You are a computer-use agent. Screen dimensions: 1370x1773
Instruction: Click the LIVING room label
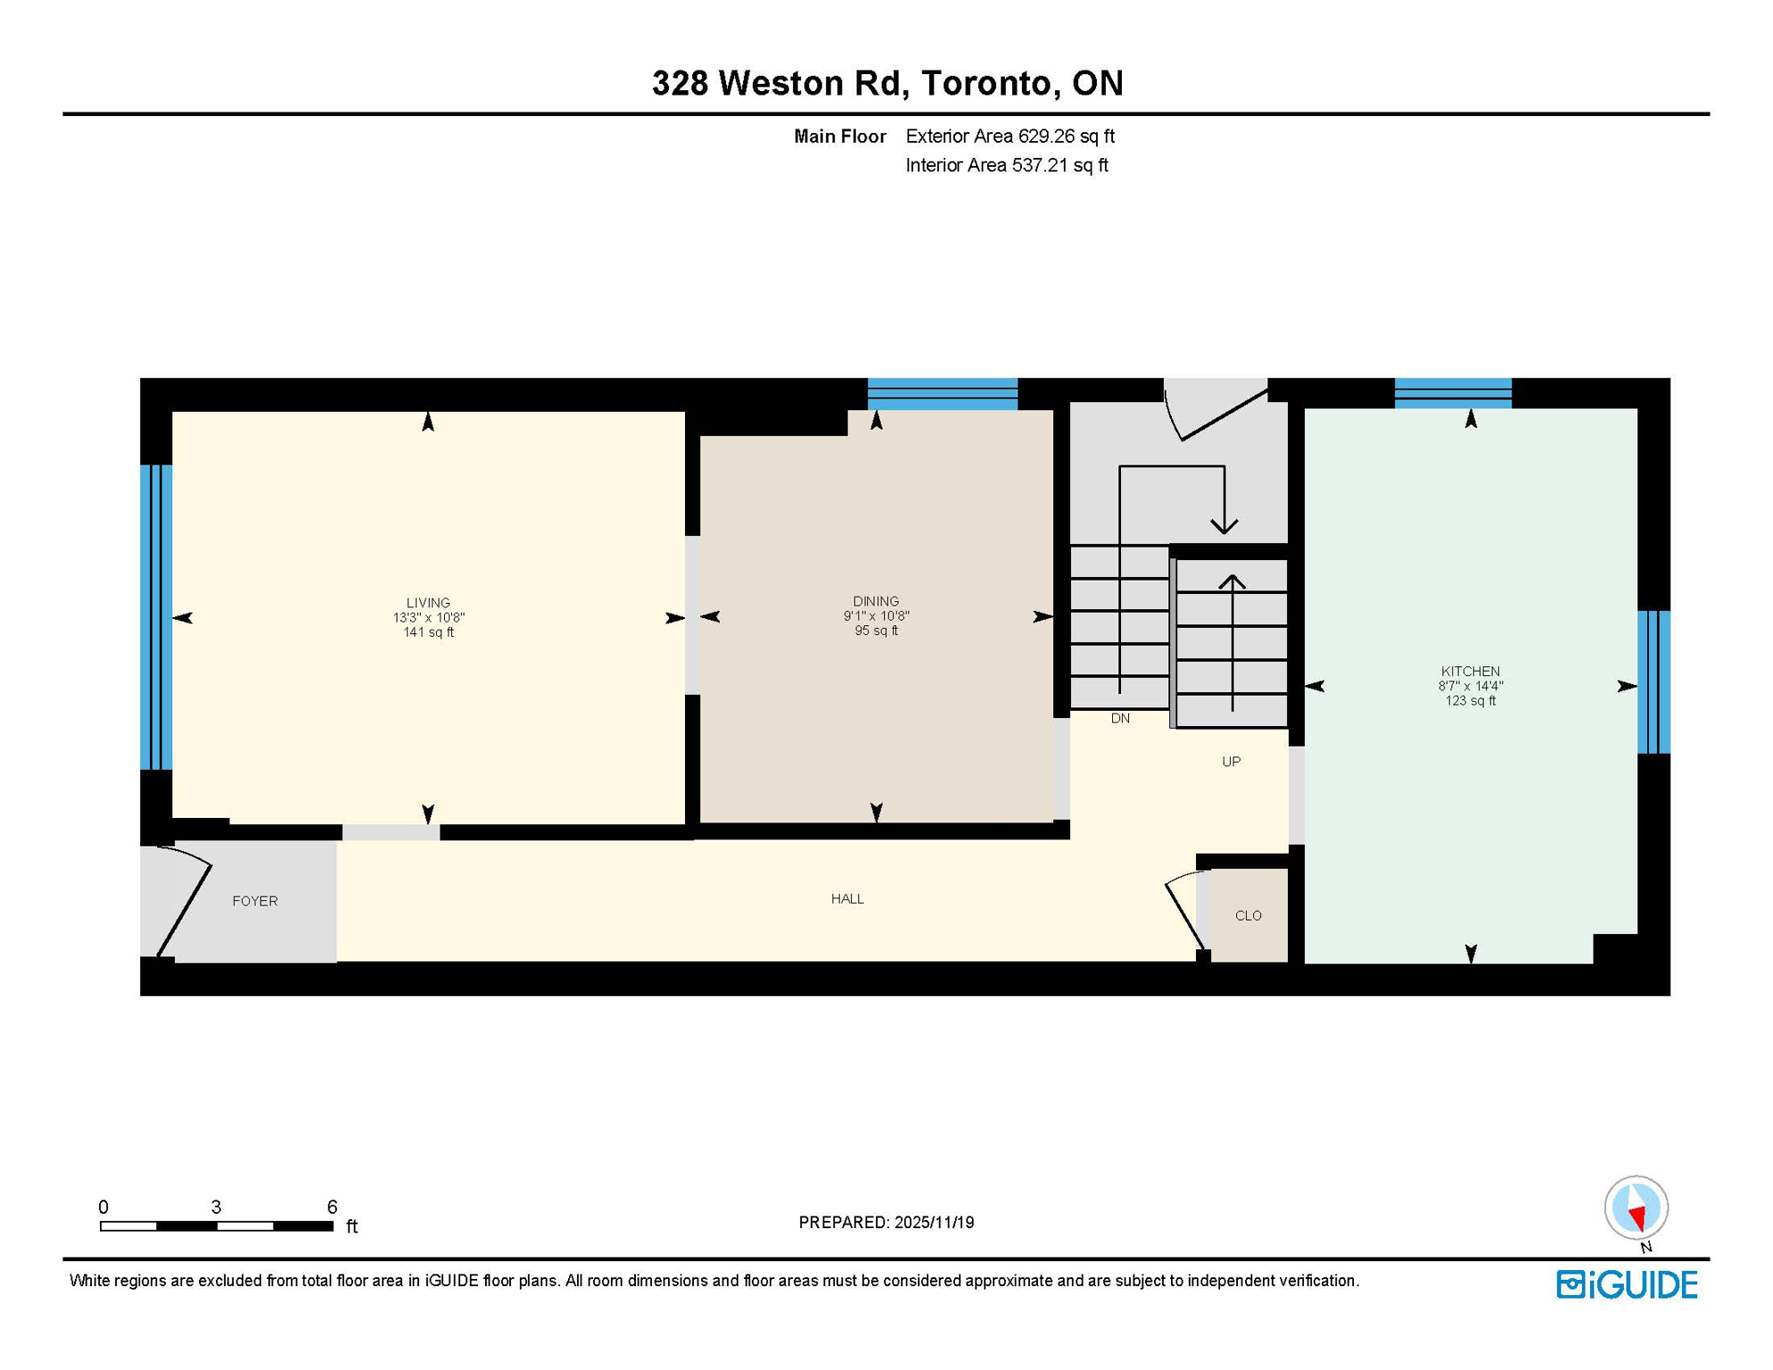pos(428,603)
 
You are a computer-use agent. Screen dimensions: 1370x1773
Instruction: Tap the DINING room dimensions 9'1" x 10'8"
pos(876,616)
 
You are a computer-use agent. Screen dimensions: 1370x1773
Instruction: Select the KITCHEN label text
pos(1470,672)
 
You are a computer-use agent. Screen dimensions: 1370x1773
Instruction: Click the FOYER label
pos(255,901)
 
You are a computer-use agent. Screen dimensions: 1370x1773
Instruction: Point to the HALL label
pos(847,898)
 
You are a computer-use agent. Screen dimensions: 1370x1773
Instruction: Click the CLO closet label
pos(1248,915)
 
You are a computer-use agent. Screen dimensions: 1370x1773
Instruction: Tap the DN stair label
pos(1120,718)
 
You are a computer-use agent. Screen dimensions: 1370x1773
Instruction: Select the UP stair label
pos(1231,761)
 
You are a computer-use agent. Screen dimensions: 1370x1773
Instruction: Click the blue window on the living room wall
pos(156,616)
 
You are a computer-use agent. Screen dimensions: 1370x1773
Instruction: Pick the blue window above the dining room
pos(942,393)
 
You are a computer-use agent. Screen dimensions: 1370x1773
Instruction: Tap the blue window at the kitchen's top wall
pos(1452,392)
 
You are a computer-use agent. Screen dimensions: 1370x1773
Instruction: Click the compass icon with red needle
pos(1636,1208)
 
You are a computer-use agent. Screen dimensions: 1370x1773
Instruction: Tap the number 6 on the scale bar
pos(332,1207)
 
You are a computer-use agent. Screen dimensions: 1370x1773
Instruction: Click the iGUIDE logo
pos(1627,1284)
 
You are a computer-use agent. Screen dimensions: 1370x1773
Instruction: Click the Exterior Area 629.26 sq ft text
pos(1010,136)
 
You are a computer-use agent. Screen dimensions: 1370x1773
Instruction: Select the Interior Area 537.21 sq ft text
pos(1006,165)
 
